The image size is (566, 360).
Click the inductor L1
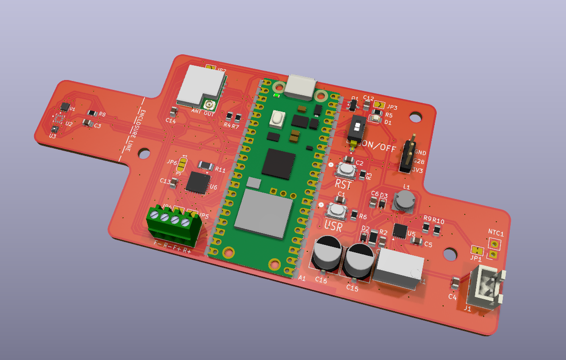point(405,200)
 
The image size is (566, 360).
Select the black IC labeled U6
point(198,182)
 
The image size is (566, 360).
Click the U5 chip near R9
point(400,230)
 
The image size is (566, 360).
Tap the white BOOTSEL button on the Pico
point(277,119)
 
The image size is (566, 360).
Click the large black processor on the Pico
point(279,163)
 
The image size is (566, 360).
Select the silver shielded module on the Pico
point(264,214)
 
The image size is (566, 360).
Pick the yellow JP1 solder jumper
point(477,250)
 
